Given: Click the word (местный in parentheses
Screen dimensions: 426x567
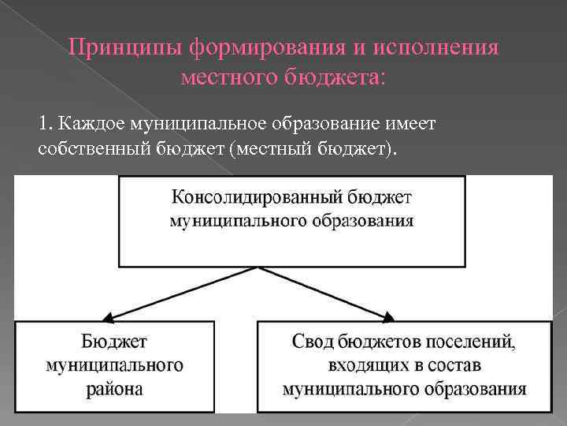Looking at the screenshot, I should [x=267, y=149].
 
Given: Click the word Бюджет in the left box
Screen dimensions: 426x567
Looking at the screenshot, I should [x=115, y=342].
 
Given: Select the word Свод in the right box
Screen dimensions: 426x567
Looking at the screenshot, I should [x=313, y=342].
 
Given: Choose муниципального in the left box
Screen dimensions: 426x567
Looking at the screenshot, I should [x=115, y=365].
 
